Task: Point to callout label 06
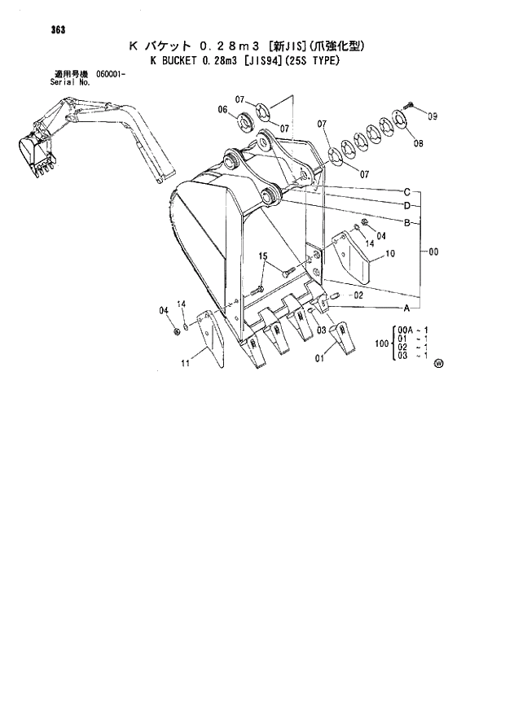click(x=222, y=110)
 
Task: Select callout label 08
click(x=418, y=143)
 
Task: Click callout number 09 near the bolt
click(x=433, y=116)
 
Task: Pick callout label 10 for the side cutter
click(x=390, y=254)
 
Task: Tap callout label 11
click(x=185, y=363)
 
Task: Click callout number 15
click(x=263, y=257)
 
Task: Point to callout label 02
click(x=357, y=295)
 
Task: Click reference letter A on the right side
click(x=406, y=308)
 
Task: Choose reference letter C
click(x=406, y=192)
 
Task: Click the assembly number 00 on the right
click(x=433, y=252)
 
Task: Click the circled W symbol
click(x=440, y=364)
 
